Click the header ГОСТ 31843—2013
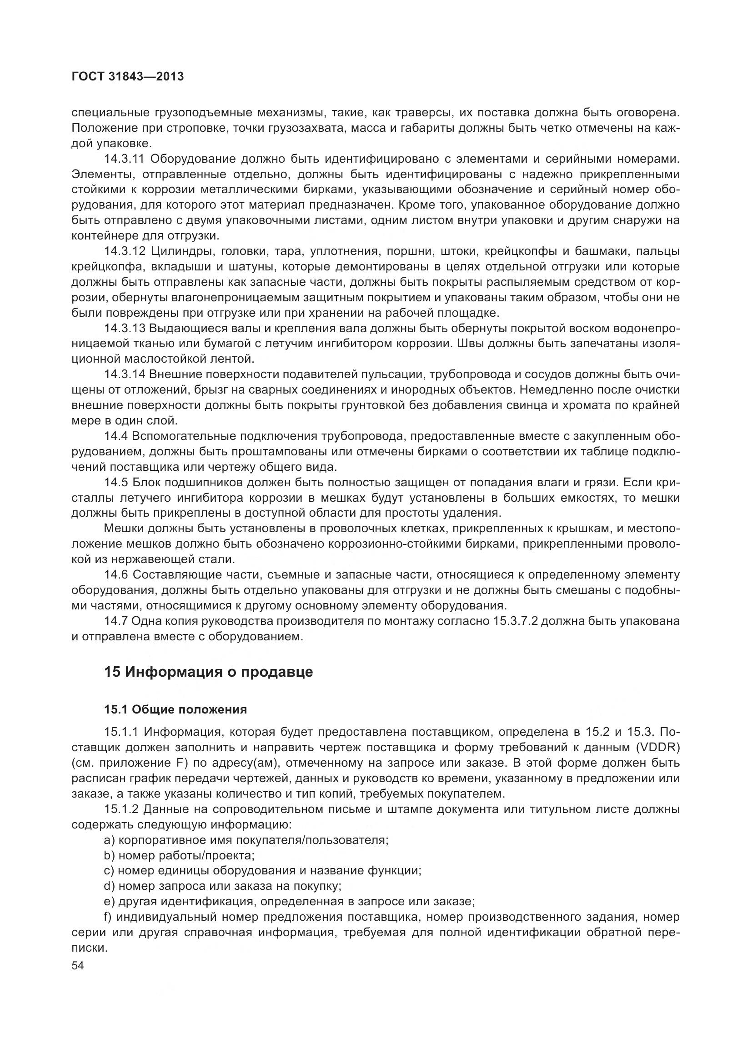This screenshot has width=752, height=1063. (x=128, y=77)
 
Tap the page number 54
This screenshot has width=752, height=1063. (x=78, y=965)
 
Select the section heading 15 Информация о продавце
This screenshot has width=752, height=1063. (x=208, y=672)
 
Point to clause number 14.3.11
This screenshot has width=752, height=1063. (x=125, y=159)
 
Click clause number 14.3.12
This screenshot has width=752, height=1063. (x=125, y=251)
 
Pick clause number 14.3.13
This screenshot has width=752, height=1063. (x=125, y=328)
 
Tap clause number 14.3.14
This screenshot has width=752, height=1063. (x=125, y=374)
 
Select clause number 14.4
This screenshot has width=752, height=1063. (x=116, y=436)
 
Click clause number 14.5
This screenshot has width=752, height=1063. (x=116, y=483)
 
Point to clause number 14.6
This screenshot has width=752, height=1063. (x=116, y=575)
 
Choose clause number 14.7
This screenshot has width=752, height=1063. (x=116, y=621)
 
